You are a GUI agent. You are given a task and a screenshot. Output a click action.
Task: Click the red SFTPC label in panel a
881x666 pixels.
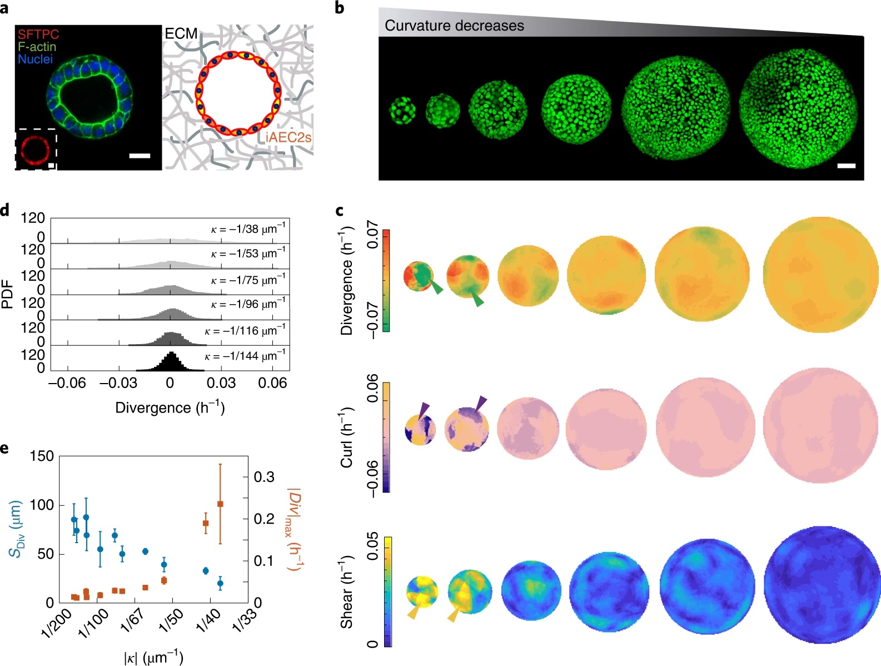click(x=38, y=34)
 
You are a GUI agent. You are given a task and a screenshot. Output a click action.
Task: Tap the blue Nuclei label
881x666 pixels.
click(x=35, y=59)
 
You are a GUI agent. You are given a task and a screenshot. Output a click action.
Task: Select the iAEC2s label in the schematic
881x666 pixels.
click(x=284, y=137)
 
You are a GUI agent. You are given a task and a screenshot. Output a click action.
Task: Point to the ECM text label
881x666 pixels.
click(x=181, y=34)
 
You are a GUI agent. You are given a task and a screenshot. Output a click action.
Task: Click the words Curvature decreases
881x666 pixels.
click(x=454, y=26)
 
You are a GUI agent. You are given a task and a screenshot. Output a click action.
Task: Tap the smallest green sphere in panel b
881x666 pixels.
click(x=402, y=110)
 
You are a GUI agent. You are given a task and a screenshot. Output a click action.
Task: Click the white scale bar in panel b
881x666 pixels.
click(x=846, y=166)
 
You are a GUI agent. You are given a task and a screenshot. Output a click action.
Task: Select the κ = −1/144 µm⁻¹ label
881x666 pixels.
click(x=245, y=356)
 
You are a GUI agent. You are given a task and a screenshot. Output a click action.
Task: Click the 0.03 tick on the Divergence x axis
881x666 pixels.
click(x=221, y=383)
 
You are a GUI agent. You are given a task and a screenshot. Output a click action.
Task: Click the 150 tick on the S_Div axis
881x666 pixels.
click(x=42, y=456)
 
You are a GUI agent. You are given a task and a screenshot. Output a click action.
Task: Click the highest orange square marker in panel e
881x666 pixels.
click(x=220, y=504)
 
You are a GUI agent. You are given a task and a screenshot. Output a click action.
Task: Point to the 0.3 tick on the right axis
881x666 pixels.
click(x=264, y=477)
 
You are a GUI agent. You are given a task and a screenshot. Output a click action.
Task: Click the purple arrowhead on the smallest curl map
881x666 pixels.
click(x=424, y=409)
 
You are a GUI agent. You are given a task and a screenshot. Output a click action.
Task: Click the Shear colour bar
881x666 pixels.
click(x=387, y=592)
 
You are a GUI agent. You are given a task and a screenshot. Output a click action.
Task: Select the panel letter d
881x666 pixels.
click(x=5, y=210)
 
